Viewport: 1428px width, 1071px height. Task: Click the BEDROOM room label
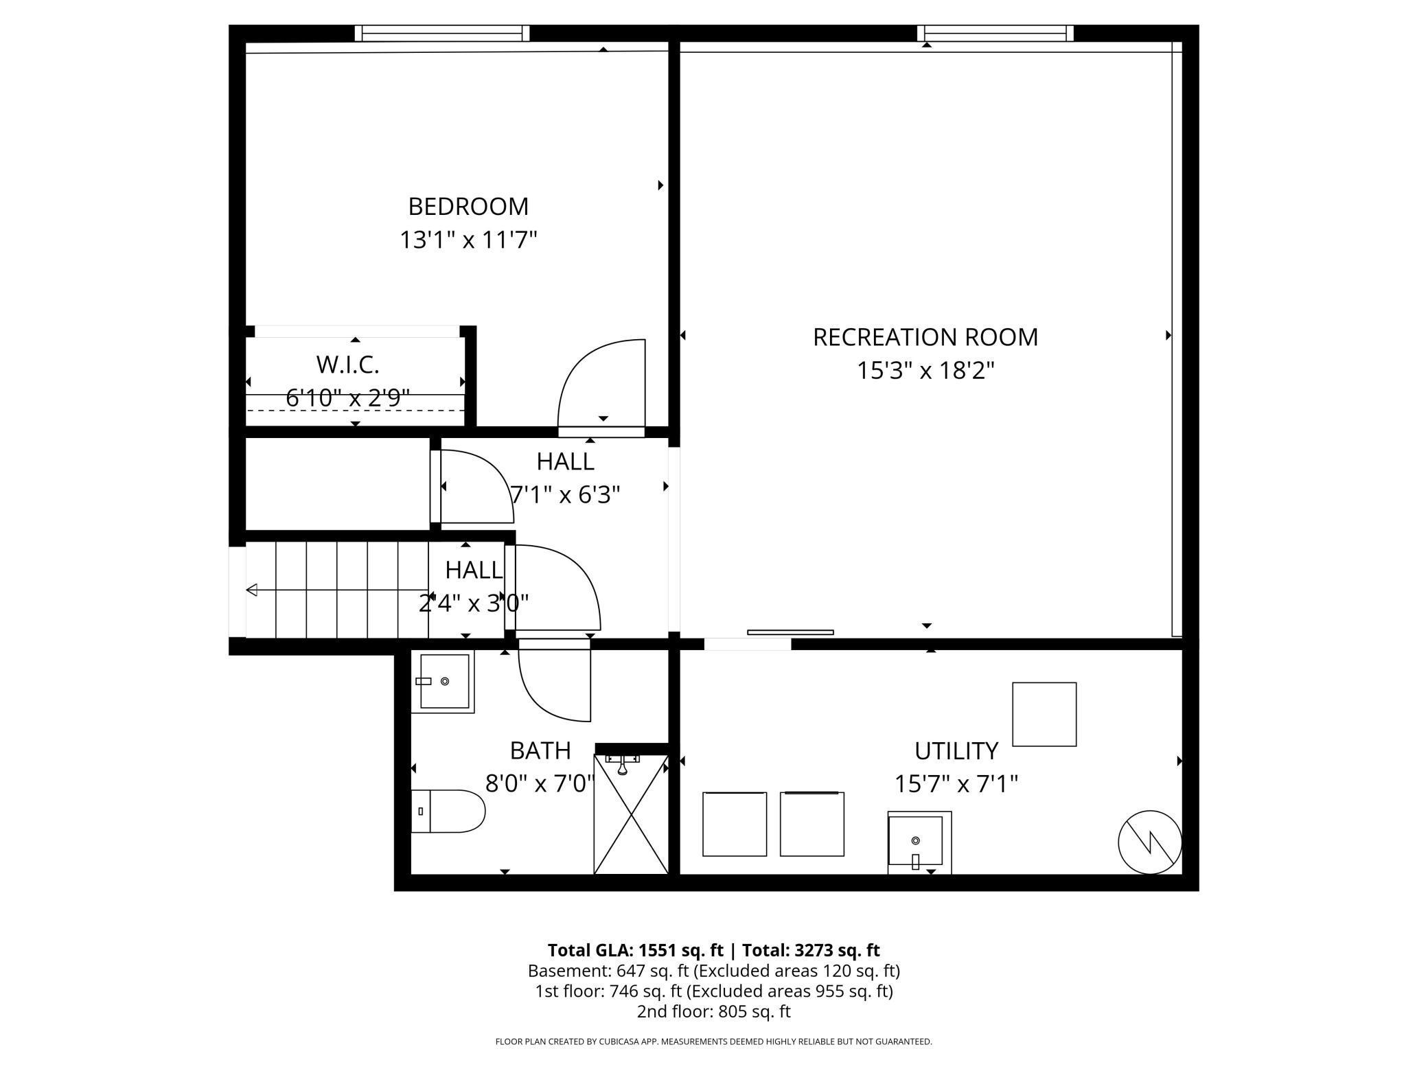click(468, 206)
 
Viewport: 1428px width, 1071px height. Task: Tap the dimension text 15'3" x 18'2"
click(925, 371)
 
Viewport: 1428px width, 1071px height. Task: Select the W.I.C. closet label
click(347, 365)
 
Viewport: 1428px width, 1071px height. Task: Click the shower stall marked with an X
click(630, 814)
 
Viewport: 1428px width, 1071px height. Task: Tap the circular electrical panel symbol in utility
click(1149, 842)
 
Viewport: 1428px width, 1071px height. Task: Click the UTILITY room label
click(956, 750)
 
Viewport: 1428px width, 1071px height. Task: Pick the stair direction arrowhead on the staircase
click(252, 590)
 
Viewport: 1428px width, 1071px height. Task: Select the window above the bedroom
click(442, 33)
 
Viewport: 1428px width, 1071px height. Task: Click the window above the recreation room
click(995, 33)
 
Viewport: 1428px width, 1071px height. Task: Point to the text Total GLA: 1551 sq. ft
click(635, 950)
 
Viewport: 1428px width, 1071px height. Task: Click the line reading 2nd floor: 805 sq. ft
click(713, 1011)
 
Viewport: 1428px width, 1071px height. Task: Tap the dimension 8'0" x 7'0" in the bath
click(540, 783)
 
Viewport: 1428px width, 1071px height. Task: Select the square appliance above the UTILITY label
click(1044, 714)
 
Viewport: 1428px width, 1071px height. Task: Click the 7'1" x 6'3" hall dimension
click(565, 494)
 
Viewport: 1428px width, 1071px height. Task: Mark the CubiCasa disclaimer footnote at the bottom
click(713, 1041)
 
